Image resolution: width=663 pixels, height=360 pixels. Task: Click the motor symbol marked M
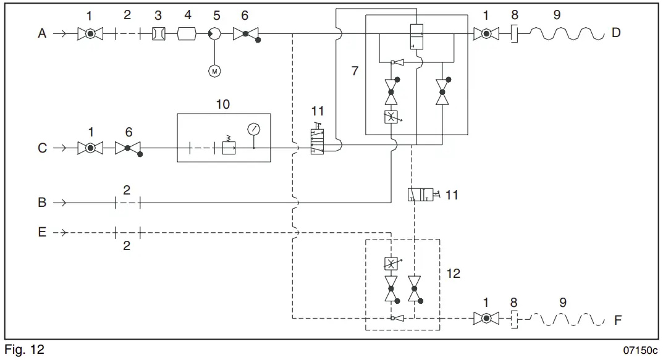click(x=214, y=72)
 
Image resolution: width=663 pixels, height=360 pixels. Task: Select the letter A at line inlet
click(x=42, y=33)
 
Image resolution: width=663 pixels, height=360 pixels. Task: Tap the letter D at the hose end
click(x=615, y=33)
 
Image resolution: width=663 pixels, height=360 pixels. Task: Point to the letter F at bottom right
click(x=617, y=321)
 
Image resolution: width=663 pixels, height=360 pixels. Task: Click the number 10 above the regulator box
click(x=223, y=104)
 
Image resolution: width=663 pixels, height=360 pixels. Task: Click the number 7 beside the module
click(x=355, y=71)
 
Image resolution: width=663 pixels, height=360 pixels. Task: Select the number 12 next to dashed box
click(x=453, y=272)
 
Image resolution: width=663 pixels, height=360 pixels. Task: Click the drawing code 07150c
click(x=640, y=350)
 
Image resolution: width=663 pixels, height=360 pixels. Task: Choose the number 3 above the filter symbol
click(x=158, y=15)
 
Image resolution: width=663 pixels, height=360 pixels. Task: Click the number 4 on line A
click(x=188, y=15)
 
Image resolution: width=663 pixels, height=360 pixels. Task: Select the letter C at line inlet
click(x=42, y=148)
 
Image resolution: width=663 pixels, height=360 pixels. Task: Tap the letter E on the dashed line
click(x=42, y=233)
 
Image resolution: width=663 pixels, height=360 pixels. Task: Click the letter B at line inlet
click(x=42, y=202)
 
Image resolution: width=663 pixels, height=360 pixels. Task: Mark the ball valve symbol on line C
click(x=90, y=148)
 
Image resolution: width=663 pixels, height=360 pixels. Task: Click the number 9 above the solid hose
click(x=557, y=15)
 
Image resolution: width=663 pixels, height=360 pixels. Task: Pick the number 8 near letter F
click(x=514, y=303)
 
